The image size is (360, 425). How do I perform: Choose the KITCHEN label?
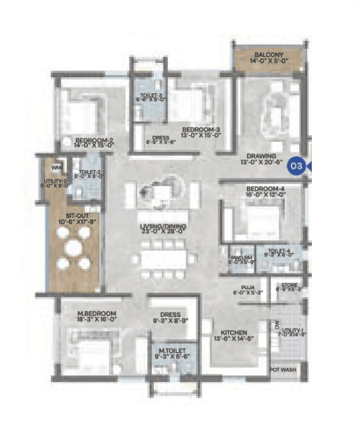(x=234, y=332)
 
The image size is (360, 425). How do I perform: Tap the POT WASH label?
(x=283, y=370)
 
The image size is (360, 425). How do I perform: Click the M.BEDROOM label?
(x=97, y=313)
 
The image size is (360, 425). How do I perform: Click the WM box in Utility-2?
(x=57, y=167)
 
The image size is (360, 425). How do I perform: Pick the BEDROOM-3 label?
(x=201, y=128)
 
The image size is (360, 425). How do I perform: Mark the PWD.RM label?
(x=238, y=258)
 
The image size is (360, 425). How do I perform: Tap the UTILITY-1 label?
(x=291, y=330)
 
